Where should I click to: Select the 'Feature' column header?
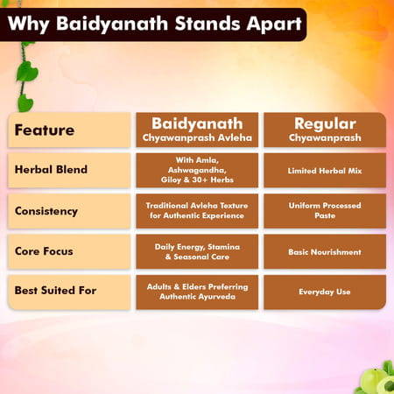(69, 130)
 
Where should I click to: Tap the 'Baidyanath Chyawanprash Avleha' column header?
(197, 130)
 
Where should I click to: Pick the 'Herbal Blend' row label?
(69, 171)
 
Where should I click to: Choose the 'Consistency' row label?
(69, 211)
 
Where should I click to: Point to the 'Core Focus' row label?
(69, 251)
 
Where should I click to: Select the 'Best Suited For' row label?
(69, 292)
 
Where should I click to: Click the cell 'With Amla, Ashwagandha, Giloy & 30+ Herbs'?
(197, 171)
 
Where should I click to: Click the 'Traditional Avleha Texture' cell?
(197, 211)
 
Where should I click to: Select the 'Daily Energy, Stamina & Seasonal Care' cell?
(197, 251)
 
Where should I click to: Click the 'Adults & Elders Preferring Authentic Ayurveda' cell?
(197, 292)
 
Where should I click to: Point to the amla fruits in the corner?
(375, 378)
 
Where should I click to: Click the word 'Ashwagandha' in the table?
(197, 171)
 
